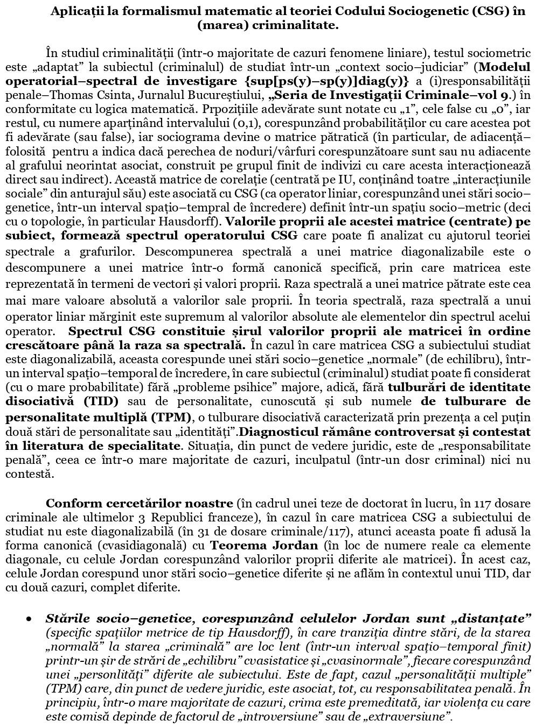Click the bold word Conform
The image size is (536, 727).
[67, 504]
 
